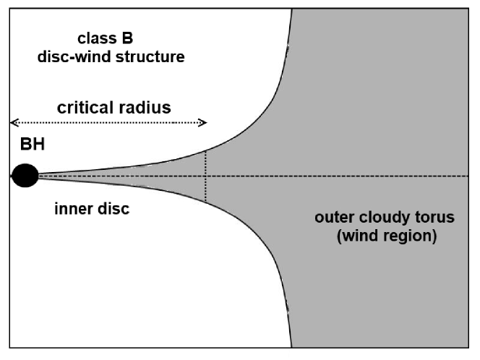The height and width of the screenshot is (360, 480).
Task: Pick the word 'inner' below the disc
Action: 71,210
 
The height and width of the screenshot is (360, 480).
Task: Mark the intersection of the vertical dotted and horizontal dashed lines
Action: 206,176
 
